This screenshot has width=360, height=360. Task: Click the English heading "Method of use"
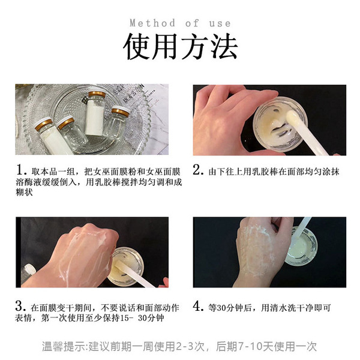point(180,23)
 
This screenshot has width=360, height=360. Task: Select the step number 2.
point(199,170)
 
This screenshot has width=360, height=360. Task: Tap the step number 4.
point(199,306)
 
